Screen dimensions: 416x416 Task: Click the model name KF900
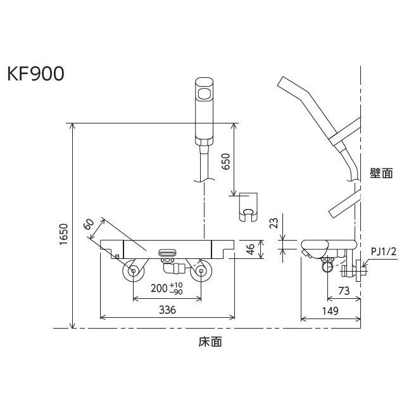[36, 74]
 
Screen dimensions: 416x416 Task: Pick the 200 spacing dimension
[158, 289]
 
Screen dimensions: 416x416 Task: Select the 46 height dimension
[250, 249]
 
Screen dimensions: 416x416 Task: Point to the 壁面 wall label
[381, 172]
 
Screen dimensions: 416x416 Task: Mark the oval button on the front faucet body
[167, 252]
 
